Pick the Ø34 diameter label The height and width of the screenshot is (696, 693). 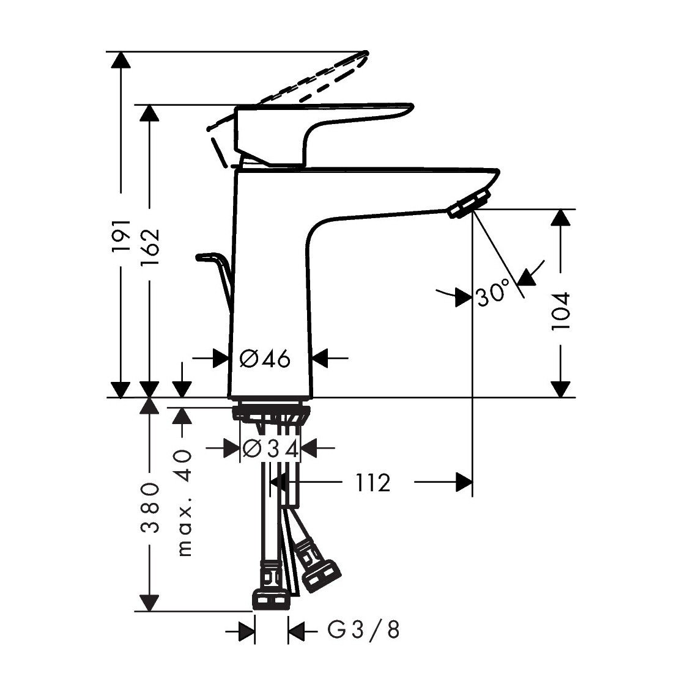coord(270,449)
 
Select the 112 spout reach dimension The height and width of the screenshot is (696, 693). coord(373,483)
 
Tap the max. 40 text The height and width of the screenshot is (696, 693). coord(183,502)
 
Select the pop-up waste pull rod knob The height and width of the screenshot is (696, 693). coord(206,257)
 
